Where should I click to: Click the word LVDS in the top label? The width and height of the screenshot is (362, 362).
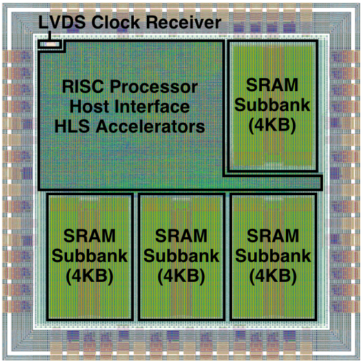(x=62, y=22)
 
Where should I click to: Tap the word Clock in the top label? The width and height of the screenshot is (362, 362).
(x=116, y=22)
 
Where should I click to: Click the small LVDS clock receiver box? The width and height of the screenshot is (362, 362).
(x=50, y=44)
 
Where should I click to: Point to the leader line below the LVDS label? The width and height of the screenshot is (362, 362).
(x=50, y=35)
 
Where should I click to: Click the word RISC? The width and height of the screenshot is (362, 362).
(x=83, y=87)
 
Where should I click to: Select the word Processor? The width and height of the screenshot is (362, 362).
(x=154, y=87)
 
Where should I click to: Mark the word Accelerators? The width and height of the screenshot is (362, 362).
(x=150, y=126)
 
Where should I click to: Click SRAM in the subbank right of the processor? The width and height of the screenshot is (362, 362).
(x=272, y=85)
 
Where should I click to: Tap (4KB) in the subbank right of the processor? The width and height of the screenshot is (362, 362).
(x=272, y=125)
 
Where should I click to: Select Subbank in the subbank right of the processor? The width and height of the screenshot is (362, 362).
(x=272, y=105)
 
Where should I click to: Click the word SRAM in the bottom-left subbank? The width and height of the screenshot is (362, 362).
(x=90, y=236)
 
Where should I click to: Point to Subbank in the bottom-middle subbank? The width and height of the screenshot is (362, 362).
(x=181, y=256)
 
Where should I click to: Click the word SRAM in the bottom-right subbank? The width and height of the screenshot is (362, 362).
(x=273, y=236)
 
